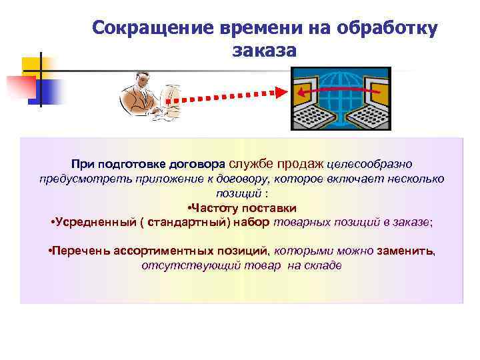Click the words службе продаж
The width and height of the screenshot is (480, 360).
[x=276, y=163]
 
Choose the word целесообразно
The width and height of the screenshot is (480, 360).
[x=370, y=164]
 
